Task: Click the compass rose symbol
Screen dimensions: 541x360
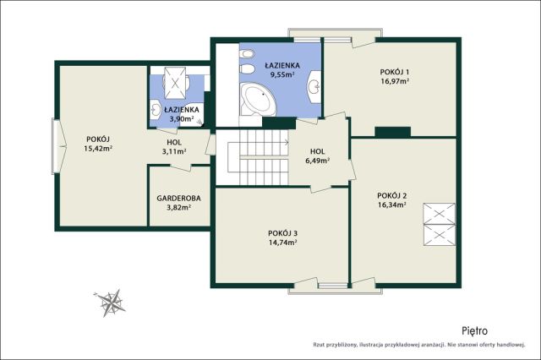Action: (111, 303)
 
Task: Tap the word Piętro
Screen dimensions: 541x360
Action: (475, 331)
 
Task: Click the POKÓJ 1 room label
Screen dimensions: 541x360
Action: (395, 72)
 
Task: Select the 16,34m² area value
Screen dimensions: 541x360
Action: (391, 205)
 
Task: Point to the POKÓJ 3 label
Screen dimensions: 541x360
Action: (283, 233)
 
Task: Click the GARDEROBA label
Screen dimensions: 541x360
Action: (178, 199)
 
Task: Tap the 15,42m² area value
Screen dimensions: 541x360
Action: (99, 149)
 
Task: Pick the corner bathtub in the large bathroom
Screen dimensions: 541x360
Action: (259, 100)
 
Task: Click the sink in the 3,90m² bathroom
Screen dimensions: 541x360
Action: (156, 110)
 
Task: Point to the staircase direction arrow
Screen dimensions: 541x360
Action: (286, 142)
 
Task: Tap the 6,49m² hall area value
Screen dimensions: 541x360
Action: (317, 161)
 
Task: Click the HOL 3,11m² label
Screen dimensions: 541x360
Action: (174, 146)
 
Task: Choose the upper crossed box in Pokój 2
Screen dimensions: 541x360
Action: (440, 214)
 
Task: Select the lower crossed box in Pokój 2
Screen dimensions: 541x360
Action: (440, 235)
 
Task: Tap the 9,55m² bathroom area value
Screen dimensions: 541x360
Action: (282, 74)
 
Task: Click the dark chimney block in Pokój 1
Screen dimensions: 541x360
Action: (392, 132)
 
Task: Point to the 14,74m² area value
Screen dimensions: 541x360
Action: (283, 242)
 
